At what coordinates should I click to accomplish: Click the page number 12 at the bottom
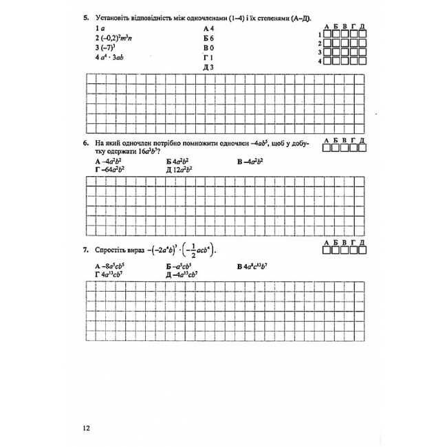pos(85,427)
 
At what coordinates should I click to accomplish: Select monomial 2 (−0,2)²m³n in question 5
pos(113,39)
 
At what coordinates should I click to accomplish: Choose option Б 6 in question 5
pos(209,39)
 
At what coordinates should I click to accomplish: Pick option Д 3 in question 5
pos(209,67)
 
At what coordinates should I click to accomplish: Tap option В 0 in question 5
pos(209,48)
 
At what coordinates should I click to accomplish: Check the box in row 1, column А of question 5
pos(327,34)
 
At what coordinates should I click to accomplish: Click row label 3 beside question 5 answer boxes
pos(320,52)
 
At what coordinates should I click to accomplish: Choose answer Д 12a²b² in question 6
pos(179,169)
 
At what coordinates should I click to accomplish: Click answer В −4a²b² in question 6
pos(250,161)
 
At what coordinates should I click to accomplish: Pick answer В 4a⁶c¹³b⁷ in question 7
pos(255,265)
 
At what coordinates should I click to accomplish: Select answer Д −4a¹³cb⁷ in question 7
pos(182,274)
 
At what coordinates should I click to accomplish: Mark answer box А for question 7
pos(327,251)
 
